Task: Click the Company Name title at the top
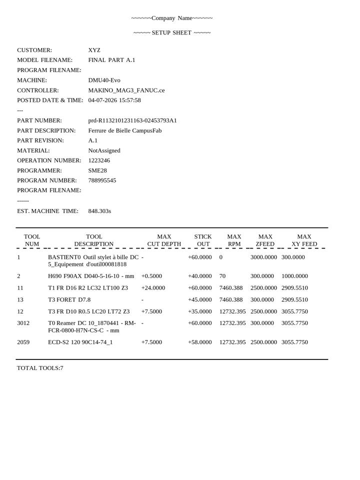pos(172,18)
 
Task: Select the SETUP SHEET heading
pos(172,33)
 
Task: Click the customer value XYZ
pos(94,50)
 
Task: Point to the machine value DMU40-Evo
pos(104,80)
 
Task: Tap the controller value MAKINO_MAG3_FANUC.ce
pos(126,90)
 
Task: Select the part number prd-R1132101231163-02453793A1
pos(132,120)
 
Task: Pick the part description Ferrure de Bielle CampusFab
pos(124,130)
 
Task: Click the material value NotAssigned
pos(104,150)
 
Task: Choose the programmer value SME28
pos(97,170)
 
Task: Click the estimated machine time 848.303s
pos(99,211)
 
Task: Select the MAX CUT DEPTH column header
pos(163,240)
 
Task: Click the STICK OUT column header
pos(202,240)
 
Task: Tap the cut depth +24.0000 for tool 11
pos(153,288)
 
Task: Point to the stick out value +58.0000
pos(200,342)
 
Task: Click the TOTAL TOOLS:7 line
pos(40,368)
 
